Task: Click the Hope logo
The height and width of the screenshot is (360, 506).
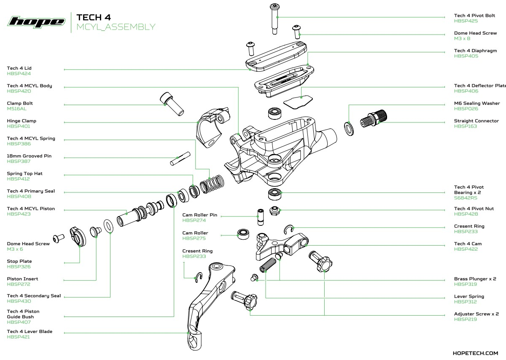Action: [x=37, y=22]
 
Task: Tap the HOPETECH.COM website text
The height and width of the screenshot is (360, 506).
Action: [x=475, y=353]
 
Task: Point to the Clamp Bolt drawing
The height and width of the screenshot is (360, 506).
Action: [x=171, y=105]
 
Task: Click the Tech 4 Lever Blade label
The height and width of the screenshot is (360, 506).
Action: [x=30, y=332]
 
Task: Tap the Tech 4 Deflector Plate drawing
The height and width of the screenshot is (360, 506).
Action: [x=298, y=102]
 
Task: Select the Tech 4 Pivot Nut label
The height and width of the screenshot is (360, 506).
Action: [x=474, y=208]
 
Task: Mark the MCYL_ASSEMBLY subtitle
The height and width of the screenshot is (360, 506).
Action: [x=116, y=27]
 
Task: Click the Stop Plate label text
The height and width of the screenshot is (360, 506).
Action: [x=19, y=261]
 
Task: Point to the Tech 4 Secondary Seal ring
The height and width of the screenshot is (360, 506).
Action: [x=108, y=225]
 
